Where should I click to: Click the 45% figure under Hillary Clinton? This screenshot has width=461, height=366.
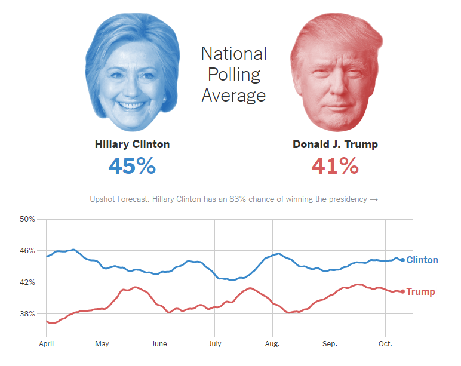point(132,165)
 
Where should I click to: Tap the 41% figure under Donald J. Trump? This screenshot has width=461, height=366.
point(335,165)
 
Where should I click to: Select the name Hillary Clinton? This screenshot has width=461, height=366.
point(132,144)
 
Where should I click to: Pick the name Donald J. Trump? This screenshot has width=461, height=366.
point(335,144)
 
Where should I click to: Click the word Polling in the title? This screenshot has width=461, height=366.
point(233,75)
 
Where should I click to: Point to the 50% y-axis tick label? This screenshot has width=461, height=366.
point(27,219)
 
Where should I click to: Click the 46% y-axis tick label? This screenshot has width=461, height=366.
point(27,251)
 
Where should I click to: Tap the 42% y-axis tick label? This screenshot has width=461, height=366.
point(27,282)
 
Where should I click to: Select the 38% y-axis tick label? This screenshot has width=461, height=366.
point(27,313)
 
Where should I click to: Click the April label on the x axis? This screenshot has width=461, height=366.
point(47,344)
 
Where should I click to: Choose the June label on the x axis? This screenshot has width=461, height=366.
point(159,344)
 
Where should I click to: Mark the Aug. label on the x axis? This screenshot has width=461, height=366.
point(272,344)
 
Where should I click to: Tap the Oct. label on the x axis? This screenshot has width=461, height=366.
point(385,344)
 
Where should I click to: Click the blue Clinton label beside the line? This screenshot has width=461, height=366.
point(422,260)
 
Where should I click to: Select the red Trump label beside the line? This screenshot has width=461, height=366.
point(420,292)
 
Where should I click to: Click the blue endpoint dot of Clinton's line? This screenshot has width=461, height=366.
point(402,260)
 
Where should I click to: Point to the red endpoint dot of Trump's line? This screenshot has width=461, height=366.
point(402,291)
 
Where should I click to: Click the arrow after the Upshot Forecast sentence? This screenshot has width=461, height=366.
point(374,199)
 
